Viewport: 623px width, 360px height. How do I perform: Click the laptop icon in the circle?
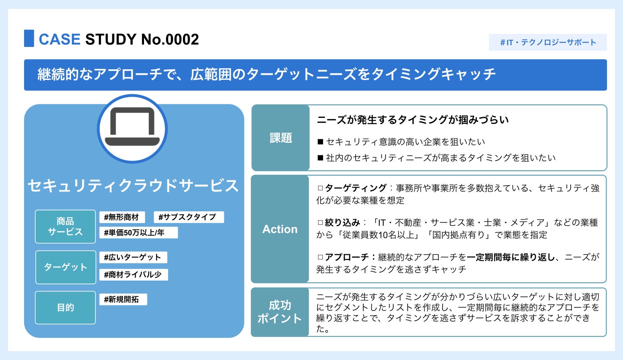[132, 128]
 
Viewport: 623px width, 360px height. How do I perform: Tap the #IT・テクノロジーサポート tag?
[548, 42]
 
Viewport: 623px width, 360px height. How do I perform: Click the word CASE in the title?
[60, 39]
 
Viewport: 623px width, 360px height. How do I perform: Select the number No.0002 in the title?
[170, 39]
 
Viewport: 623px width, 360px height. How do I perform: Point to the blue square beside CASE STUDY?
[29, 38]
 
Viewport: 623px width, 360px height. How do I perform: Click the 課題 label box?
[281, 138]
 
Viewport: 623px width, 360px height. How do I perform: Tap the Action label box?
[280, 229]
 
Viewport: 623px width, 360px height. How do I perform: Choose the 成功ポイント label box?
[280, 312]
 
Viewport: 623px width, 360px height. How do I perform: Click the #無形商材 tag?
[122, 217]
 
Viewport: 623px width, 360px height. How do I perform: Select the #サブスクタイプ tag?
[188, 217]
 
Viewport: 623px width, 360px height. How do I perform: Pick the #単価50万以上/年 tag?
[138, 232]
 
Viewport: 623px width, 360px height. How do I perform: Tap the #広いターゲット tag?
[133, 257]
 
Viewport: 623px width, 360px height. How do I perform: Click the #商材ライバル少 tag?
[133, 275]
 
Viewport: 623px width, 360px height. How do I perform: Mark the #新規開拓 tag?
[122, 299]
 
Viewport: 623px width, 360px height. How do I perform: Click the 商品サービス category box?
[65, 226]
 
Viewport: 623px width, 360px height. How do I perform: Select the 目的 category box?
[65, 308]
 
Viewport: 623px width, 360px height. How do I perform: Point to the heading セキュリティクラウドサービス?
[133, 186]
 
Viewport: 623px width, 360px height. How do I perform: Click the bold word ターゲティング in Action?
[356, 188]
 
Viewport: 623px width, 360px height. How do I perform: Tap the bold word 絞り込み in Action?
[343, 222]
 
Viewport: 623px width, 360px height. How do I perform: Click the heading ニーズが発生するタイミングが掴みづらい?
[413, 120]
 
